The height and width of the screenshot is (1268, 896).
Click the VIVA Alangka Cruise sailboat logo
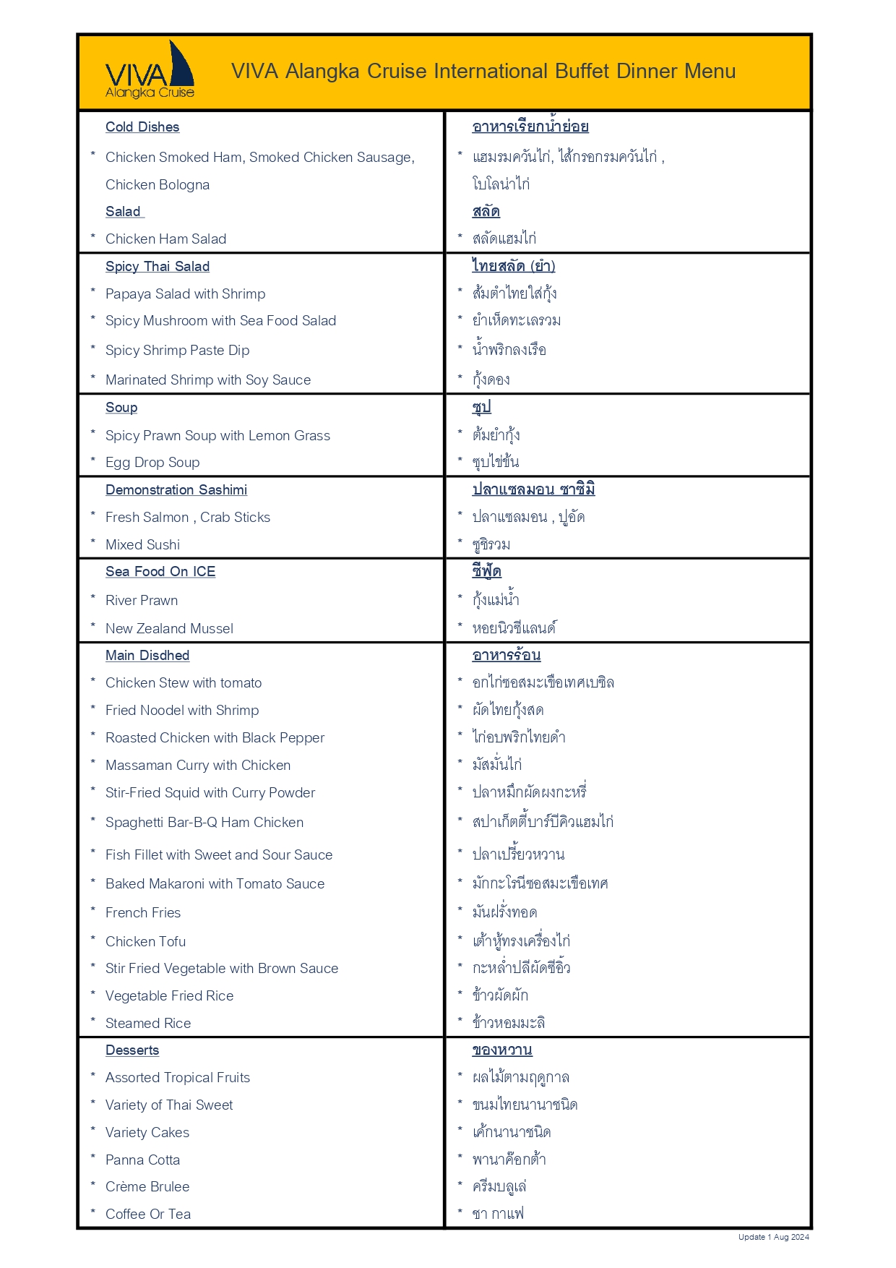click(x=150, y=71)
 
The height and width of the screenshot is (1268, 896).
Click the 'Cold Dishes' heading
click(x=142, y=127)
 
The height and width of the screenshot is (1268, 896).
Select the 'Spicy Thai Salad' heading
click(x=158, y=267)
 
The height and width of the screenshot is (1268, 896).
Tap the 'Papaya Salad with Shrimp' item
click(x=185, y=294)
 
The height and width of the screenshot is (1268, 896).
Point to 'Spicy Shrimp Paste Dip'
click(x=177, y=351)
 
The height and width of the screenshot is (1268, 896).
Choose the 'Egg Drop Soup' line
click(x=152, y=463)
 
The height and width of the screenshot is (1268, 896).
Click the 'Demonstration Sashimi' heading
click(x=176, y=490)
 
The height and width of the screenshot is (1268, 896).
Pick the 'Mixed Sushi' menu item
click(x=142, y=545)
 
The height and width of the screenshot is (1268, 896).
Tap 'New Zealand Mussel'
click(x=169, y=629)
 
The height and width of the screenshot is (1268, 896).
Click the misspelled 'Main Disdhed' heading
click(x=147, y=656)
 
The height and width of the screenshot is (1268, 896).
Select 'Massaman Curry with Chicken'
click(x=198, y=766)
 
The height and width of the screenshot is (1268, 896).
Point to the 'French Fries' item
click(x=143, y=913)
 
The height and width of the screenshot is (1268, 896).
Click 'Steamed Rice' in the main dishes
click(x=148, y=1024)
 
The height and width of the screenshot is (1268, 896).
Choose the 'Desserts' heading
click(x=132, y=1050)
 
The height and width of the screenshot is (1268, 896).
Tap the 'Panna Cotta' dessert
click(x=142, y=1160)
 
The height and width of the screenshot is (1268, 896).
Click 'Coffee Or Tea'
click(x=148, y=1215)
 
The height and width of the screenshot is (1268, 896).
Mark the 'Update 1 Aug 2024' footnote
click(x=773, y=1237)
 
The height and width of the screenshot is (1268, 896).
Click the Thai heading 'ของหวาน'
click(x=502, y=1050)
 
